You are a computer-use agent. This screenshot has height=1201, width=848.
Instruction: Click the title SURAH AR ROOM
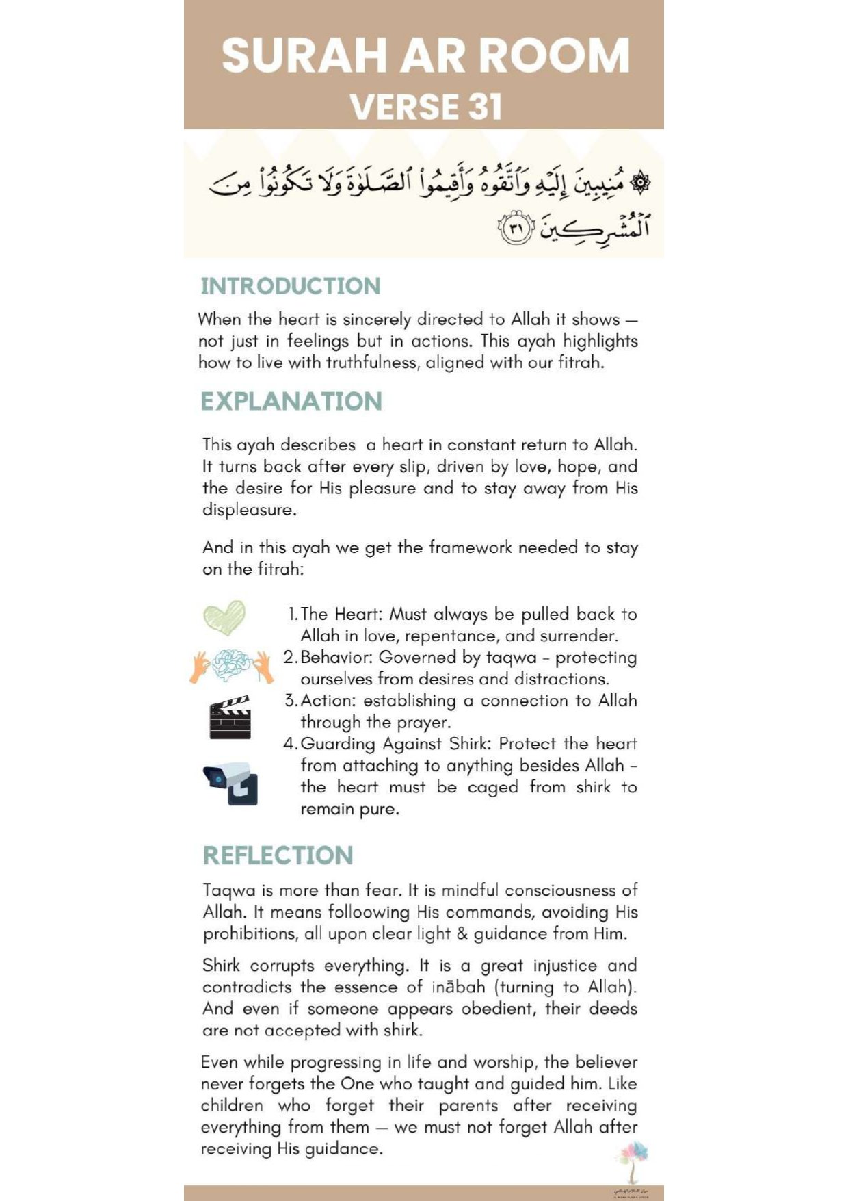[x=425, y=55]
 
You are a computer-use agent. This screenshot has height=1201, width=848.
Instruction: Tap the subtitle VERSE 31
[x=426, y=107]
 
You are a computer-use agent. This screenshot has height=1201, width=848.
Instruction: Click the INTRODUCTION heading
[x=291, y=286]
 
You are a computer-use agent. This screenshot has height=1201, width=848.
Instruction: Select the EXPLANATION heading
[x=291, y=401]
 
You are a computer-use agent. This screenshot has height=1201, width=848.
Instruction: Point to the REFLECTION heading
[x=278, y=855]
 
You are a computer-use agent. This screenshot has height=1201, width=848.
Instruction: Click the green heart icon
[x=224, y=617]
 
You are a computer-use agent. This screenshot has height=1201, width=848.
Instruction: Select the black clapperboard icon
[x=230, y=718]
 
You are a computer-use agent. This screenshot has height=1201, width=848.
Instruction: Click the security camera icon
[x=231, y=783]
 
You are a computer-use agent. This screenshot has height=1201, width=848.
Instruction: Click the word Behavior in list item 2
[x=336, y=658]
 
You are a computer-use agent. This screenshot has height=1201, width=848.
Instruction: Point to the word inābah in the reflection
[x=458, y=987]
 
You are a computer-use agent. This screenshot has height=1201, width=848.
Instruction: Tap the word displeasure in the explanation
[x=249, y=511]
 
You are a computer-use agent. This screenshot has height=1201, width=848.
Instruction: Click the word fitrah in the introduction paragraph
[x=581, y=363]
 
